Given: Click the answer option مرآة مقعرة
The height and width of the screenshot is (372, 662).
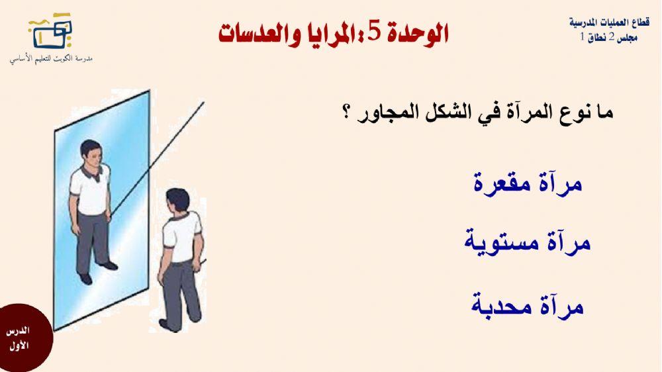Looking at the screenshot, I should point(528,182).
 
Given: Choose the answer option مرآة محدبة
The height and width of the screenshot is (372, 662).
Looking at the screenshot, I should point(528,306).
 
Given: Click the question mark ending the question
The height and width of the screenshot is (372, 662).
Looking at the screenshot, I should point(346,113).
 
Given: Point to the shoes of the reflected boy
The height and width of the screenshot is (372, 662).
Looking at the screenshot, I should point(97,271).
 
